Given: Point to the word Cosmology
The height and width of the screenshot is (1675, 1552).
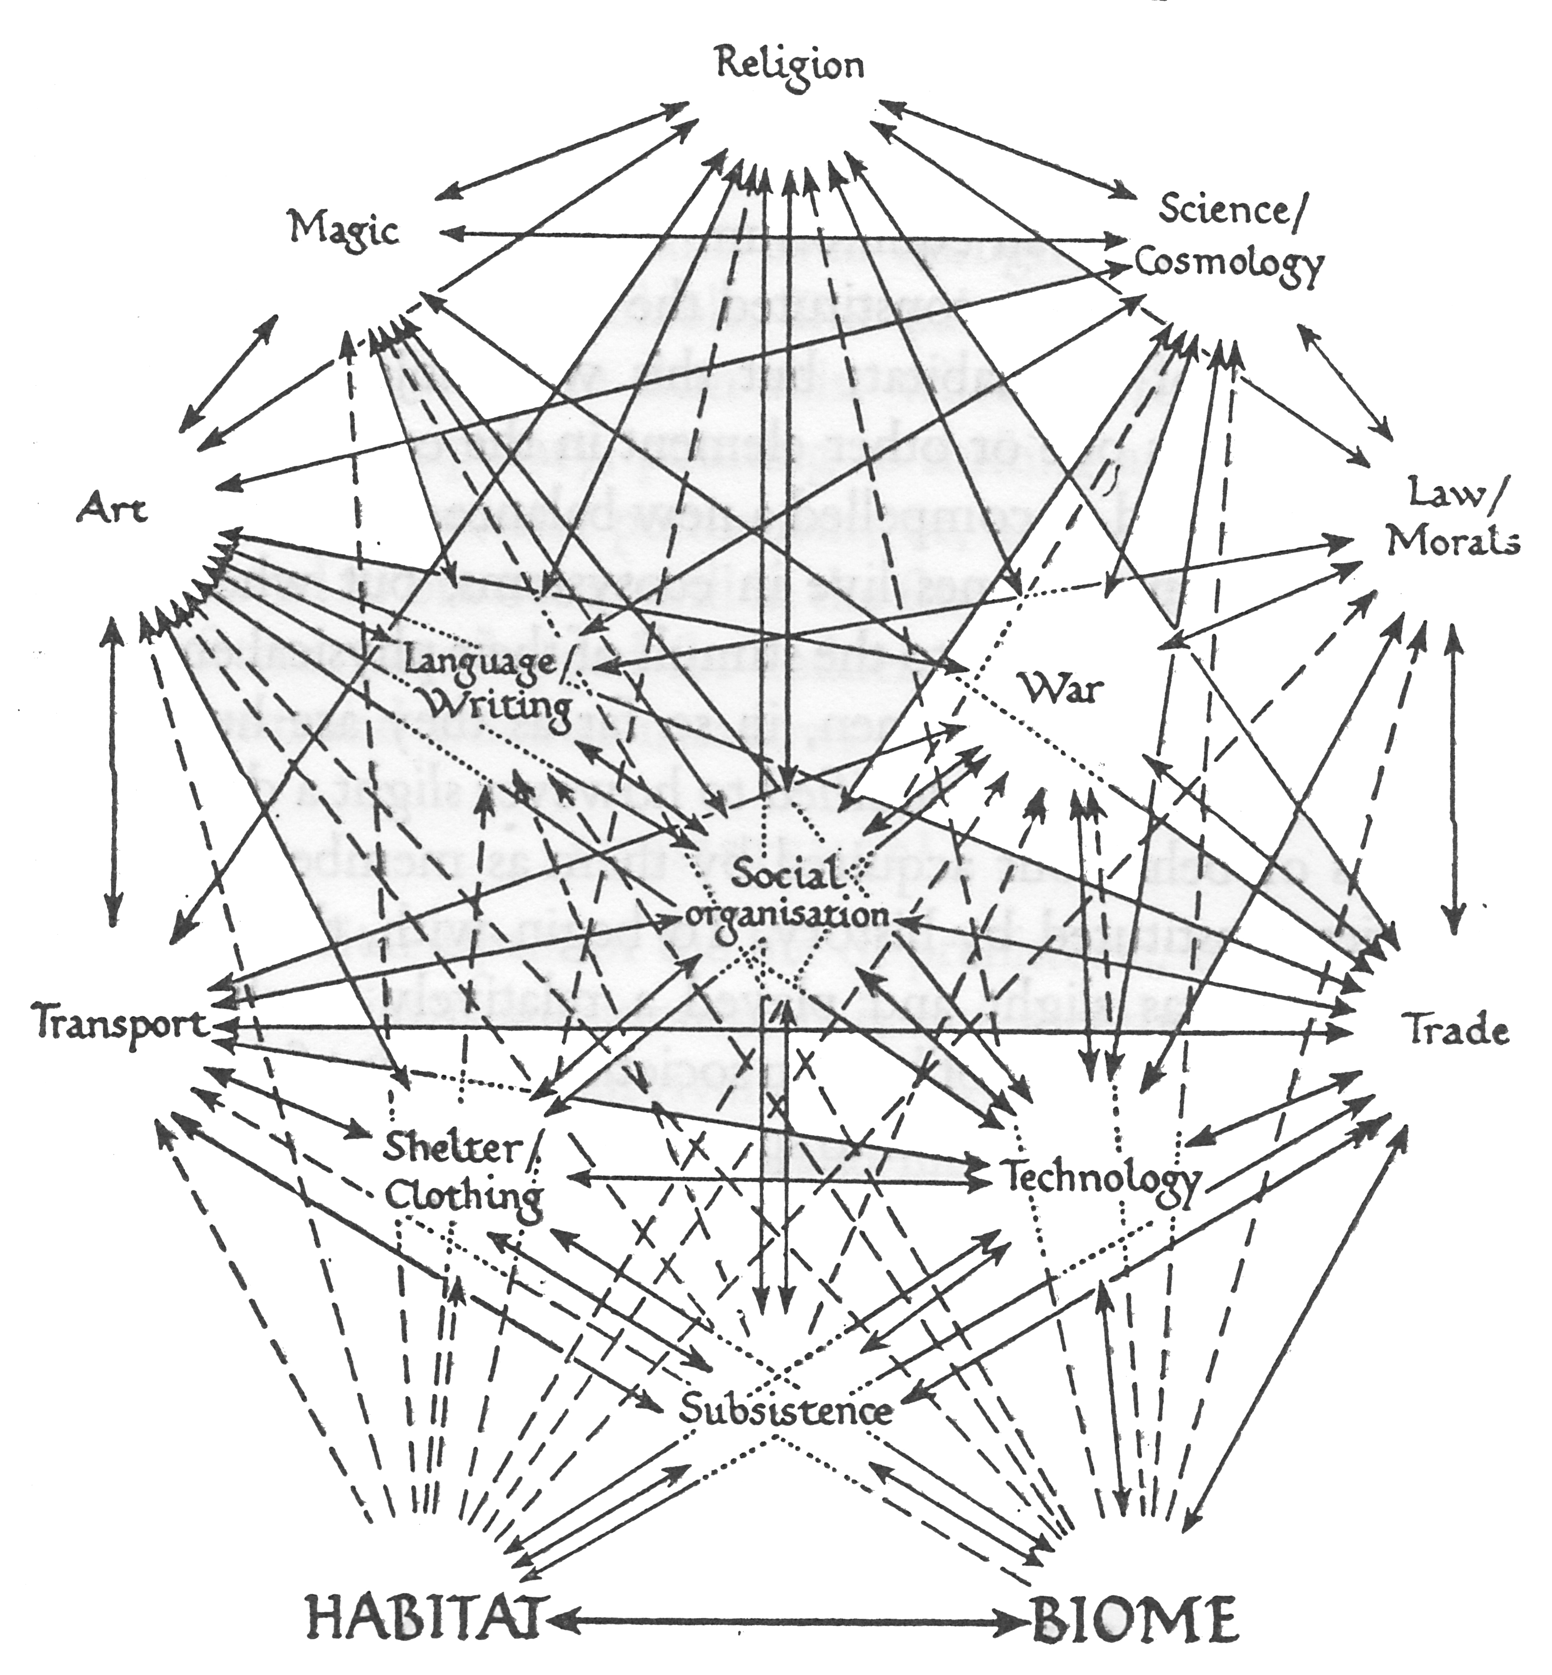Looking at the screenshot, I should tap(1229, 264).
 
